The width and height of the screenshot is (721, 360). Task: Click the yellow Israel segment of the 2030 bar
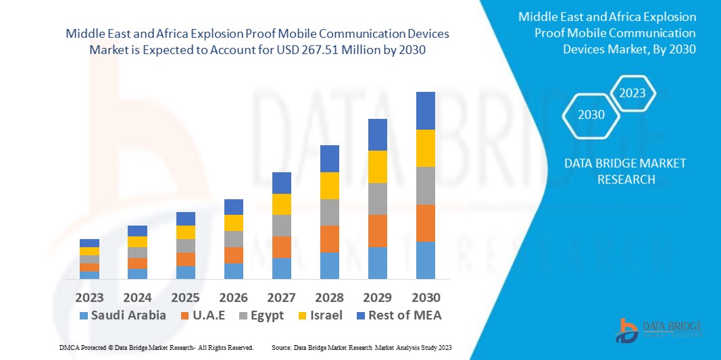pyautogui.click(x=425, y=148)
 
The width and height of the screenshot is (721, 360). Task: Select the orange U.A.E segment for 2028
pyautogui.click(x=329, y=238)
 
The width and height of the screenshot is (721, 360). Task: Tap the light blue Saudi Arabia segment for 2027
pyautogui.click(x=281, y=268)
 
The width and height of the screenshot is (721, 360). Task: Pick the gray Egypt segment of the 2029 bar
pyautogui.click(x=377, y=199)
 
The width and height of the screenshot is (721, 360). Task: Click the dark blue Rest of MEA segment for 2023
pyautogui.click(x=89, y=243)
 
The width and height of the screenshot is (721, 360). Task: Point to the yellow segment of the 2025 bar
pyautogui.click(x=185, y=232)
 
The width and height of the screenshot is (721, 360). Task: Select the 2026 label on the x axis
pyautogui.click(x=234, y=297)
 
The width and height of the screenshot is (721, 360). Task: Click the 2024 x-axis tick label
pyautogui.click(x=137, y=297)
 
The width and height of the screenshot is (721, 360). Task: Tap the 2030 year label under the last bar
pyautogui.click(x=426, y=297)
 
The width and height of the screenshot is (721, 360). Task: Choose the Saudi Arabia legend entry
pyautogui.click(x=122, y=315)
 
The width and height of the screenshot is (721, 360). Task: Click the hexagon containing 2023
pyautogui.click(x=632, y=93)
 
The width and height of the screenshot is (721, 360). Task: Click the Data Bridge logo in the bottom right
pyautogui.click(x=658, y=330)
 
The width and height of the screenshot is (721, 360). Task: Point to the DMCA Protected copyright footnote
pyautogui.click(x=156, y=347)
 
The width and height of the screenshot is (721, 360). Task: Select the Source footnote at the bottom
pyautogui.click(x=361, y=347)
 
